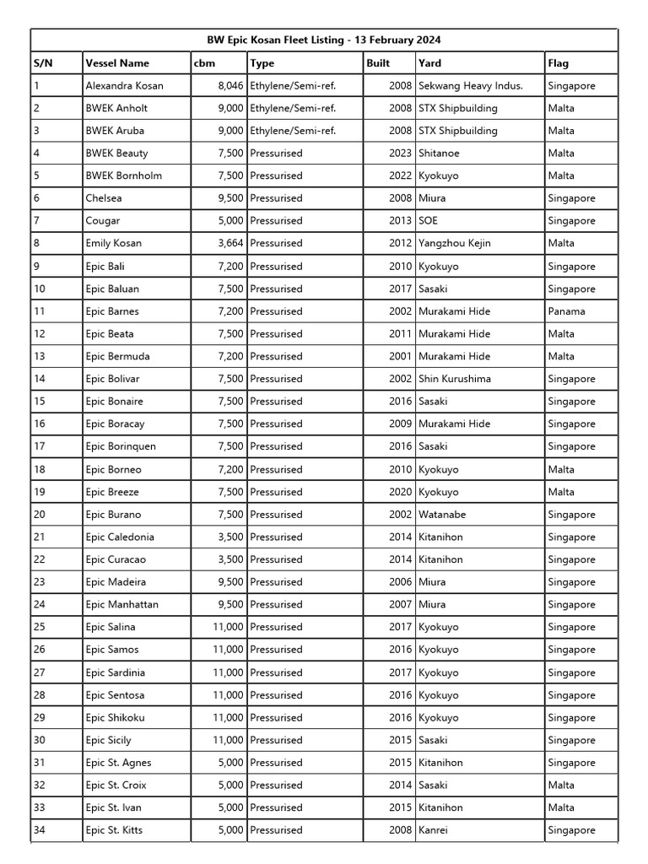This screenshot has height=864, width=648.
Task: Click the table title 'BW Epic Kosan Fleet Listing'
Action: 325,40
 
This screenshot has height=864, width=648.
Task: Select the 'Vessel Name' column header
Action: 117,62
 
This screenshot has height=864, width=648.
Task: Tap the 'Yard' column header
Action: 429,62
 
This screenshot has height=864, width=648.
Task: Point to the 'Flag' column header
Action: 558,62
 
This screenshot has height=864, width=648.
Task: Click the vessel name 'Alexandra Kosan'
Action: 124,85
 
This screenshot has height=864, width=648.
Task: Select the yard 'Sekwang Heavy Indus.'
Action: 470,85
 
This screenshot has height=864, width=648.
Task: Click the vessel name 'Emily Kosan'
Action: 113,243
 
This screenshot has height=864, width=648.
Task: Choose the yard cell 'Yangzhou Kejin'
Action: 454,243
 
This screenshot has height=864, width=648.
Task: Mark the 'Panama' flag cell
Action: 566,311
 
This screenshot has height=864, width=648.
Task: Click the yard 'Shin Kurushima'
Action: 456,379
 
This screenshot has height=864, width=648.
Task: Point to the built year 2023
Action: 401,153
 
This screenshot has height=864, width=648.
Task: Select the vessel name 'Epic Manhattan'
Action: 121,604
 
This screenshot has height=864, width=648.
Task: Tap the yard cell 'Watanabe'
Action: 442,514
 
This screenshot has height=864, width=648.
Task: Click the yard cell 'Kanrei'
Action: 435,830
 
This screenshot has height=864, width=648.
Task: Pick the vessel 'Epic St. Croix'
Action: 116,785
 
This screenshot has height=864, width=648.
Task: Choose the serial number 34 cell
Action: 40,830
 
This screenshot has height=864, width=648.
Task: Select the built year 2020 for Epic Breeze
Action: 401,492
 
